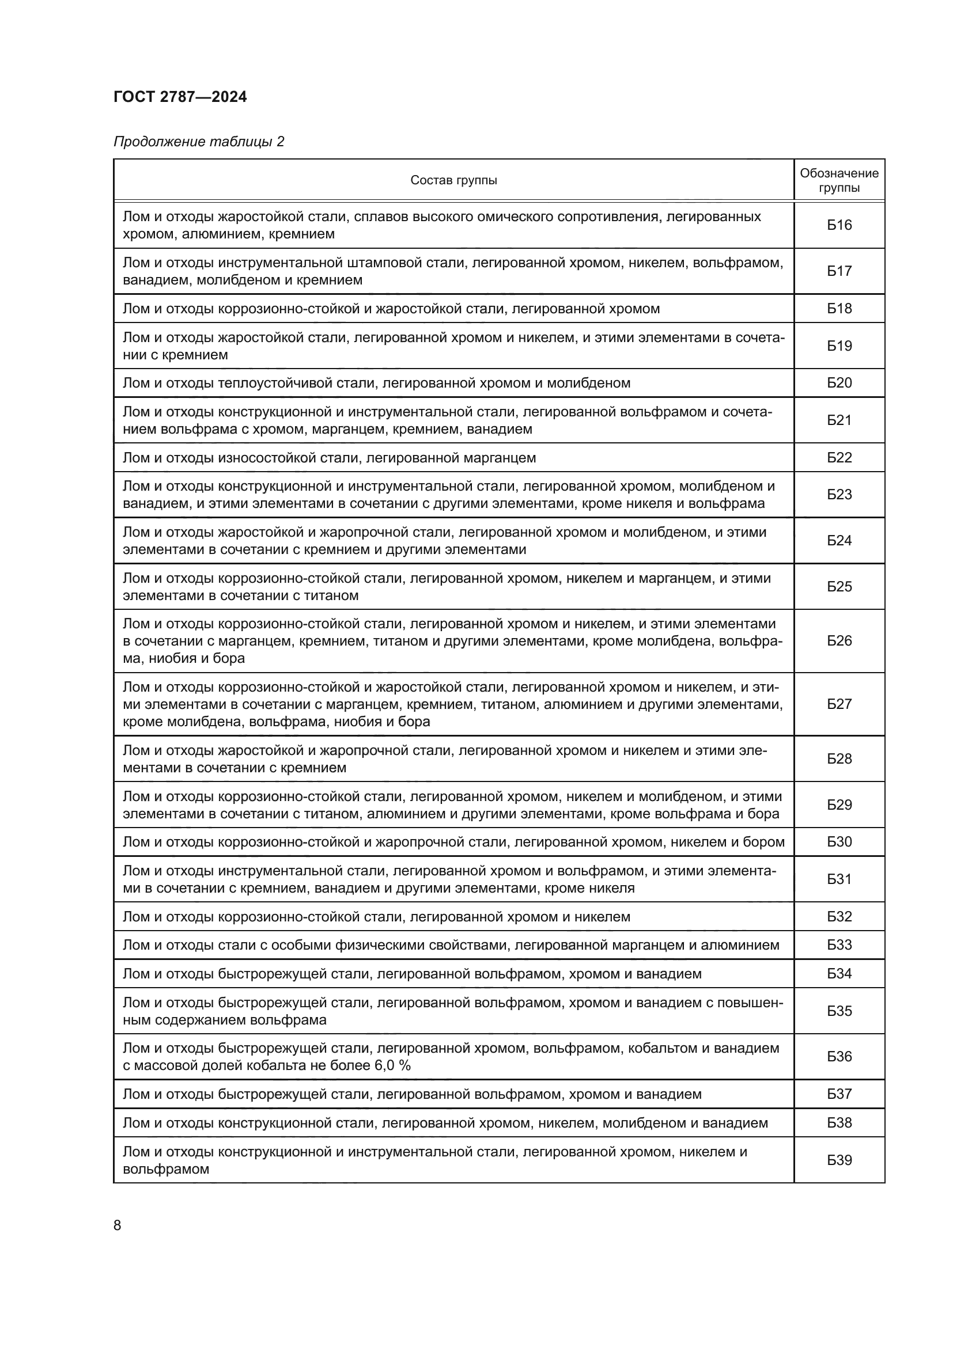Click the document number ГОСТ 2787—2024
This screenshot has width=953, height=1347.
pyautogui.click(x=180, y=97)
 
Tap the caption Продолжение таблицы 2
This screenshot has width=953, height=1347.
pyautogui.click(x=198, y=142)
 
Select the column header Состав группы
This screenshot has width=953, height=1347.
pyautogui.click(x=453, y=180)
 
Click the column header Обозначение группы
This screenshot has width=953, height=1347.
pyautogui.click(x=839, y=180)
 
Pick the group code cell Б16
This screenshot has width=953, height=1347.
pyautogui.click(x=839, y=225)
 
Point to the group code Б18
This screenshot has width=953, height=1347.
pyautogui.click(x=839, y=309)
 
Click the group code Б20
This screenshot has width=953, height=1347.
pyautogui.click(x=839, y=383)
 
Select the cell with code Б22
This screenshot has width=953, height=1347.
pyautogui.click(x=839, y=458)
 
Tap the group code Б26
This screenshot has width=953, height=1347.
pyautogui.click(x=839, y=640)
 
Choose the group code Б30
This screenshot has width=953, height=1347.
pyautogui.click(x=839, y=842)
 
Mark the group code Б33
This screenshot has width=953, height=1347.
pyautogui.click(x=839, y=945)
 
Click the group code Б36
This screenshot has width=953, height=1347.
pyautogui.click(x=839, y=1057)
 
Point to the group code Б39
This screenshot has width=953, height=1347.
pyautogui.click(x=839, y=1160)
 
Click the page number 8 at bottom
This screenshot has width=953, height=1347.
pyautogui.click(x=118, y=1225)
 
